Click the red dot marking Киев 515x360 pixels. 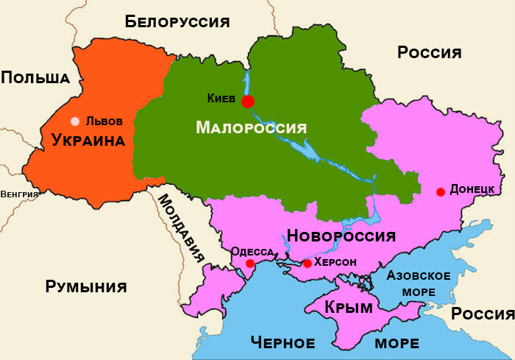(248, 101)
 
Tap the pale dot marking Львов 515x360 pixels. (74, 121)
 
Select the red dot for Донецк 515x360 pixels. (440, 192)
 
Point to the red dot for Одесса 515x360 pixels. (250, 264)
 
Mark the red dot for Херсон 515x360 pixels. (307, 264)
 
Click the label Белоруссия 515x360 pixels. (177, 21)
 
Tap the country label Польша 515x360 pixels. (35, 77)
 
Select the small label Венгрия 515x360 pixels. (20, 194)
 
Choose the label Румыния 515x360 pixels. (86, 286)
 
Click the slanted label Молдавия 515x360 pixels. (181, 229)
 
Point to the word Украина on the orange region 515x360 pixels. (88, 140)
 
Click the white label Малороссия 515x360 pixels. (251, 127)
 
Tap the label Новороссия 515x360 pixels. (341, 236)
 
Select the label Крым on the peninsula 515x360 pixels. (348, 308)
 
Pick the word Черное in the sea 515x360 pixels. (283, 342)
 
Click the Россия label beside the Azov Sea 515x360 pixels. (482, 314)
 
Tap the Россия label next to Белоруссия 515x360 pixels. (429, 52)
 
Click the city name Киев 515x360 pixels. (221, 97)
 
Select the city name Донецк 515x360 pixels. (472, 188)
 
